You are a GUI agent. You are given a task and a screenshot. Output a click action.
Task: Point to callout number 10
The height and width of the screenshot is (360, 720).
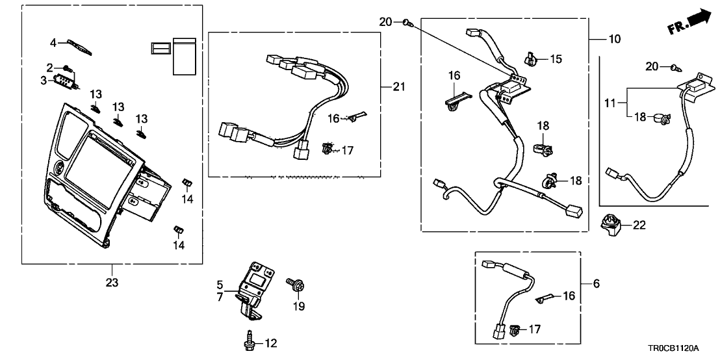tap(614, 39)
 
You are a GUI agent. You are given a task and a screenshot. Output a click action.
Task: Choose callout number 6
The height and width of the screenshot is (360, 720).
tap(597, 283)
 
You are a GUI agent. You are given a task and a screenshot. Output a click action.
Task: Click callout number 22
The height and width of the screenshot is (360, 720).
tap(639, 225)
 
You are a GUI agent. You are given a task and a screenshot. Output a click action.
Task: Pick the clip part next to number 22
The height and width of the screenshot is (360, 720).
tap(611, 225)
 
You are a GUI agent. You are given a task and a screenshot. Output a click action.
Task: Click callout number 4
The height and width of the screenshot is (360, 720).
tap(53, 43)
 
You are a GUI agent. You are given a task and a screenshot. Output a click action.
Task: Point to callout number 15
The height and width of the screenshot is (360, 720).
tap(556, 59)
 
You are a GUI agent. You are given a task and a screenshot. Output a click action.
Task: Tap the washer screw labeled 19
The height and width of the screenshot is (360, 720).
tap(299, 285)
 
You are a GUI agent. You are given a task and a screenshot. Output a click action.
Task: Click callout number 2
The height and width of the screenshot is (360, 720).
tap(49, 67)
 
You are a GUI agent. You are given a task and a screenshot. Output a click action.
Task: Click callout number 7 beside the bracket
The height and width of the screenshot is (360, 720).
tap(220, 297)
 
